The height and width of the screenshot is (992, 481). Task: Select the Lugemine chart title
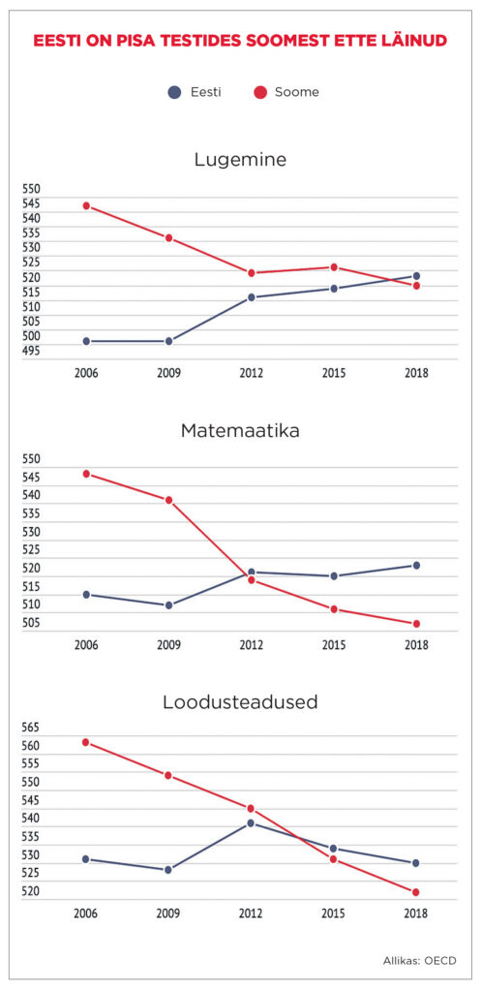(240, 160)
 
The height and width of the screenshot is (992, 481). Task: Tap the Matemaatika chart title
(240, 431)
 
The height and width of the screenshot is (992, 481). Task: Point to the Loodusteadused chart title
(240, 702)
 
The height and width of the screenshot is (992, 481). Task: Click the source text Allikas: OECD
(418, 960)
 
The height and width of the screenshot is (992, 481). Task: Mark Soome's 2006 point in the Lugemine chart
(86, 205)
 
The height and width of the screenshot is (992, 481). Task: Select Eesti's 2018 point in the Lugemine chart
(416, 276)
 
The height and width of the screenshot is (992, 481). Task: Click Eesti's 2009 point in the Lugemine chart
(168, 341)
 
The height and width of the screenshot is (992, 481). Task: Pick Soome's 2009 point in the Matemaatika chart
(168, 500)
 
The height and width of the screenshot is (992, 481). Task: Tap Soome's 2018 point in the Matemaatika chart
(416, 624)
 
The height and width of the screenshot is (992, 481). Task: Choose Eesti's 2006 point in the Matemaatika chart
(86, 594)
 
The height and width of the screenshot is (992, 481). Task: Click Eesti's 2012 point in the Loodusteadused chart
(251, 822)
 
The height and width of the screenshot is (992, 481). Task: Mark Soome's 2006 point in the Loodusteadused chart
(86, 742)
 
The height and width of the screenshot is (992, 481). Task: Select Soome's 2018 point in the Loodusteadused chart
(416, 892)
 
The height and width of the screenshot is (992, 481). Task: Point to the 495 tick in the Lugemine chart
(31, 351)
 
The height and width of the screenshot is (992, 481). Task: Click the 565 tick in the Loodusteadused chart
(31, 728)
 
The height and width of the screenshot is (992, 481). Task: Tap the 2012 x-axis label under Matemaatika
(251, 645)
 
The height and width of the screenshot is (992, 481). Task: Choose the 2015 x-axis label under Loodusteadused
(334, 913)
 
